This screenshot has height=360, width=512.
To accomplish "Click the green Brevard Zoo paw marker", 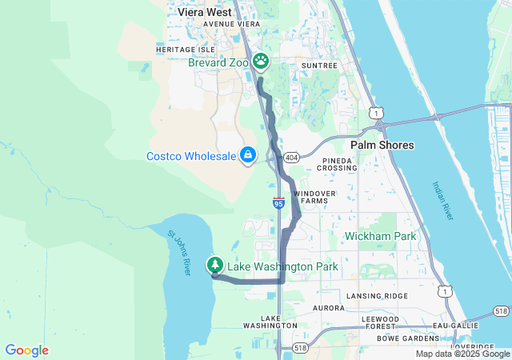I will tap(261, 61).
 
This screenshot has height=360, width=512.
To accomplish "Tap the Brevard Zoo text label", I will tap(218, 62).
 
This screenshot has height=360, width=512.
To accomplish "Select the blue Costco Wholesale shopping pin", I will tap(248, 154).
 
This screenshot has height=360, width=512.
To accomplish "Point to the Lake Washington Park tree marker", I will tap(214, 265).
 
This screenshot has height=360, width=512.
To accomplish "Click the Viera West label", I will tap(205, 12).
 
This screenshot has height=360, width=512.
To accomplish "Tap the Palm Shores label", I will tap(382, 145).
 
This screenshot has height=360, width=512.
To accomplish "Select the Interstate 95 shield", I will tap(278, 203).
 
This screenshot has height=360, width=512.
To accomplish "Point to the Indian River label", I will tap(441, 201).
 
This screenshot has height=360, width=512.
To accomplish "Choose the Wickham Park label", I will tap(381, 236).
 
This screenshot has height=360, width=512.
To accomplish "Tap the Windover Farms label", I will tap(314, 198).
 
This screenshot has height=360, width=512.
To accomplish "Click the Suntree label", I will tap(320, 65).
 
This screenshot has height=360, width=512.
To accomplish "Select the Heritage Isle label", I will tap(180, 50).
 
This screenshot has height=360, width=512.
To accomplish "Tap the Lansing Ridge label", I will tap(377, 296).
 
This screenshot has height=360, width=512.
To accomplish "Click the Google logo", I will tap(26, 350).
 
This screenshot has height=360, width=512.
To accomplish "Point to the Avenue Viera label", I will tap(232, 24).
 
